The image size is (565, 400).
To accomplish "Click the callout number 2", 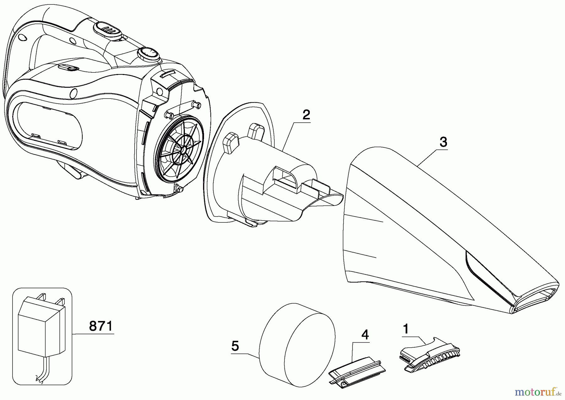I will (306, 115).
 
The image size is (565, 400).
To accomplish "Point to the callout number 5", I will (235, 346).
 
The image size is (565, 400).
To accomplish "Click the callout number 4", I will (365, 335).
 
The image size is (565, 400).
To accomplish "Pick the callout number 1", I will (406, 329).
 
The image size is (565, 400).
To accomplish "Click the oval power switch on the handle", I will (107, 29).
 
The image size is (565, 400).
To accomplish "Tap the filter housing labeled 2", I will (261, 176).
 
